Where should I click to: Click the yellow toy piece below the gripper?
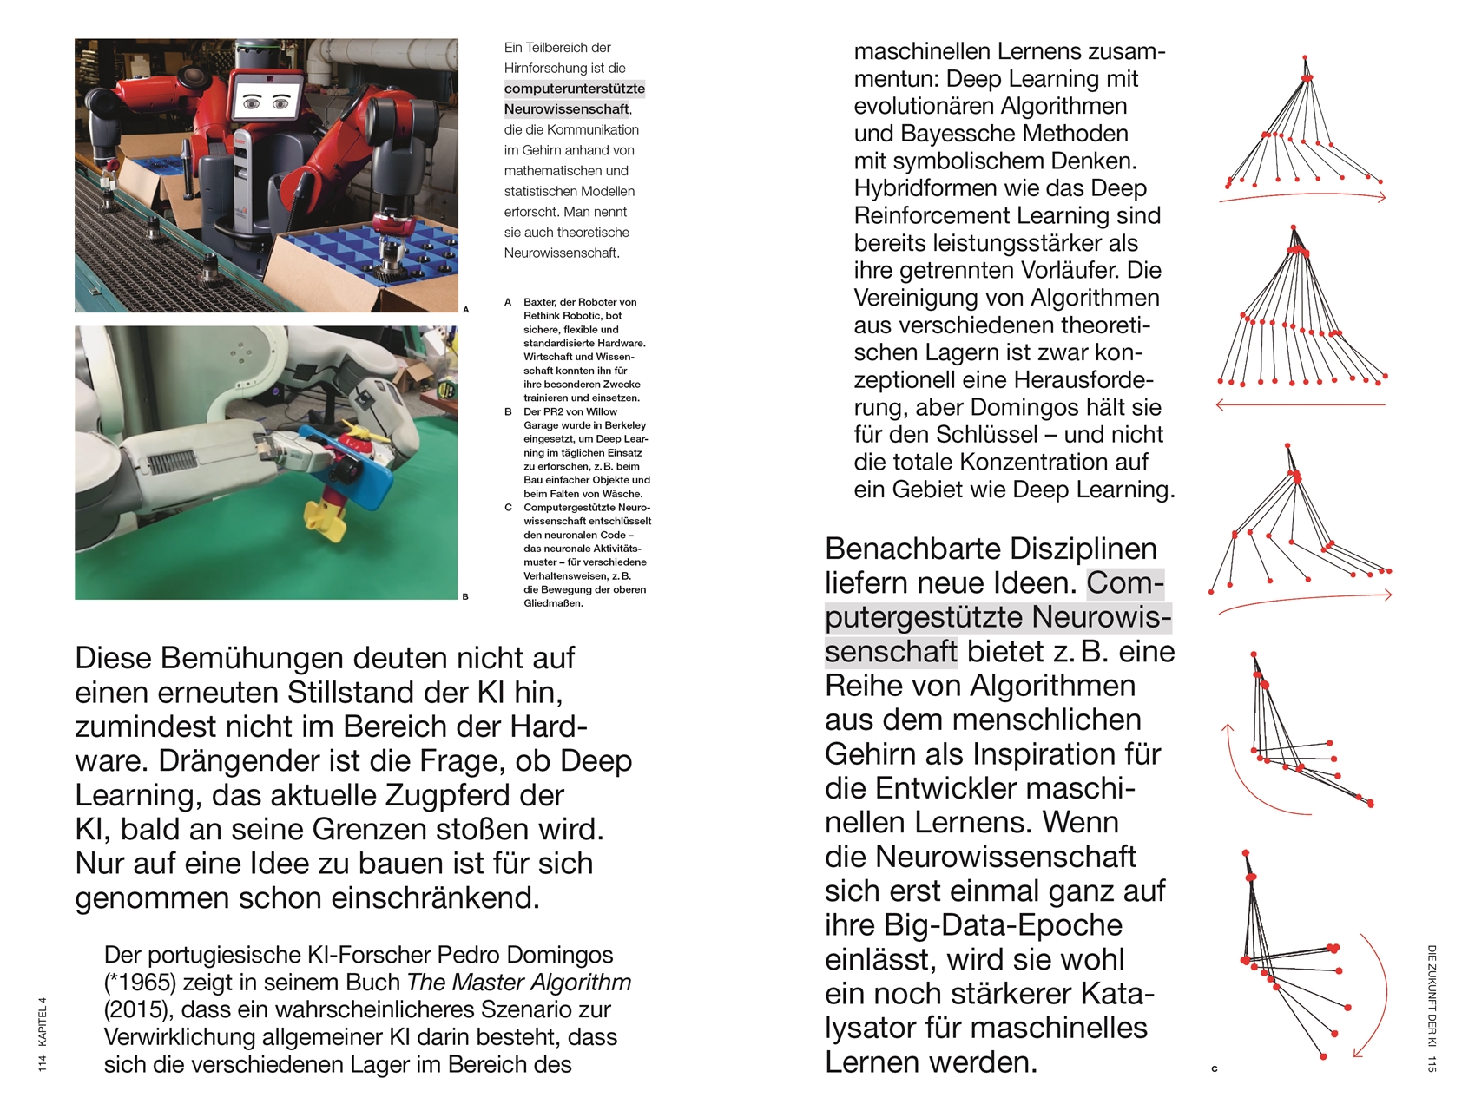point(325,521)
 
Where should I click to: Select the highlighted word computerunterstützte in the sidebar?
point(574,89)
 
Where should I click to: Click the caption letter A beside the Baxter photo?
point(466,309)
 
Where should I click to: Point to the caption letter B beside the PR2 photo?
point(465,596)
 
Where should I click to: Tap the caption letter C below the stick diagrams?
point(1215,1068)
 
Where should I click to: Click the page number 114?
point(43,1062)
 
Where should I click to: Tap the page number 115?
point(1432,1064)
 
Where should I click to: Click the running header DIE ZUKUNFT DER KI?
point(1432,996)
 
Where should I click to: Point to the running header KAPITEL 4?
point(43,1022)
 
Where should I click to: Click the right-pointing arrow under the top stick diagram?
point(1302,197)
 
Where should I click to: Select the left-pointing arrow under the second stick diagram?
point(1300,404)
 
